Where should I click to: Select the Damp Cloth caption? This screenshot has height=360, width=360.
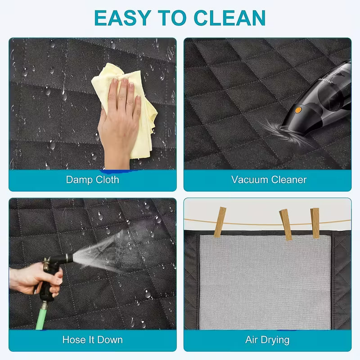point(92,180)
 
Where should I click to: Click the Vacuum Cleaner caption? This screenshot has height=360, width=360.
point(269,180)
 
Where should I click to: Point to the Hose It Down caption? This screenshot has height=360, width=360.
point(92,339)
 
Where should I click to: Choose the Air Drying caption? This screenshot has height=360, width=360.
point(267,339)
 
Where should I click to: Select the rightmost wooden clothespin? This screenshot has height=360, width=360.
point(315,222)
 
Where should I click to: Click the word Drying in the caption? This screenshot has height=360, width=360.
point(275,339)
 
